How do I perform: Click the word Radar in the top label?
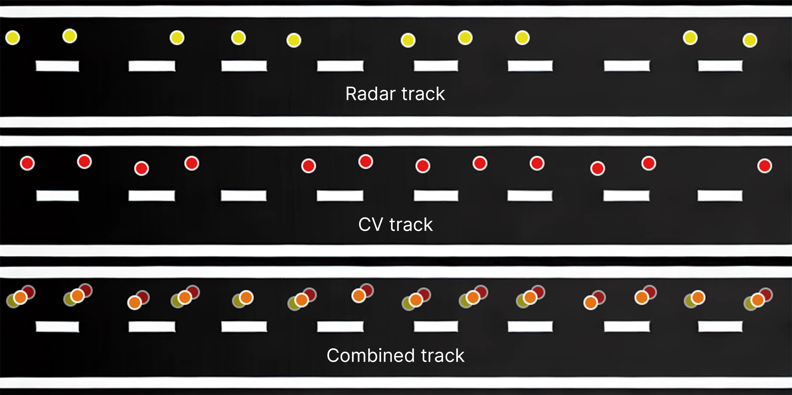point(370,94)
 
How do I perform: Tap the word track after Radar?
point(423,94)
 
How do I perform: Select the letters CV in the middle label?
point(371,224)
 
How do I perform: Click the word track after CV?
point(411,224)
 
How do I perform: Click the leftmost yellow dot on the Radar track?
point(13,38)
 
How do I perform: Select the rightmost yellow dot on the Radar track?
point(750,40)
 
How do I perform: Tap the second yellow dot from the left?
point(70,36)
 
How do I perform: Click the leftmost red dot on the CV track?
point(27,163)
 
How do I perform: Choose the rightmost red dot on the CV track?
point(765,166)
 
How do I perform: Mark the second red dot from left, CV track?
point(84,162)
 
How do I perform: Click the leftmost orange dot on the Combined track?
point(20,298)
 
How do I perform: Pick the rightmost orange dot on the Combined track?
point(758,300)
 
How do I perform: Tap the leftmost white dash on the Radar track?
point(58,66)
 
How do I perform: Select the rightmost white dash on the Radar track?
point(720,66)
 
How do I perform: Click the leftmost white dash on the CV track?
point(58,196)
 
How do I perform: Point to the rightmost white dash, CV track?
point(720,196)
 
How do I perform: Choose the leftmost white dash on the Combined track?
point(58,327)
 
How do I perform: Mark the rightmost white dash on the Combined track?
point(720,326)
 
